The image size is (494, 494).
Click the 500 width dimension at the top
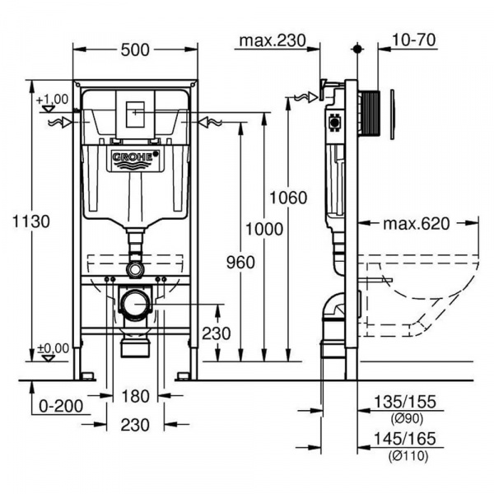135,49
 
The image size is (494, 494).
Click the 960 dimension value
240,261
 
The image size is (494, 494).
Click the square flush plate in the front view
135,115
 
